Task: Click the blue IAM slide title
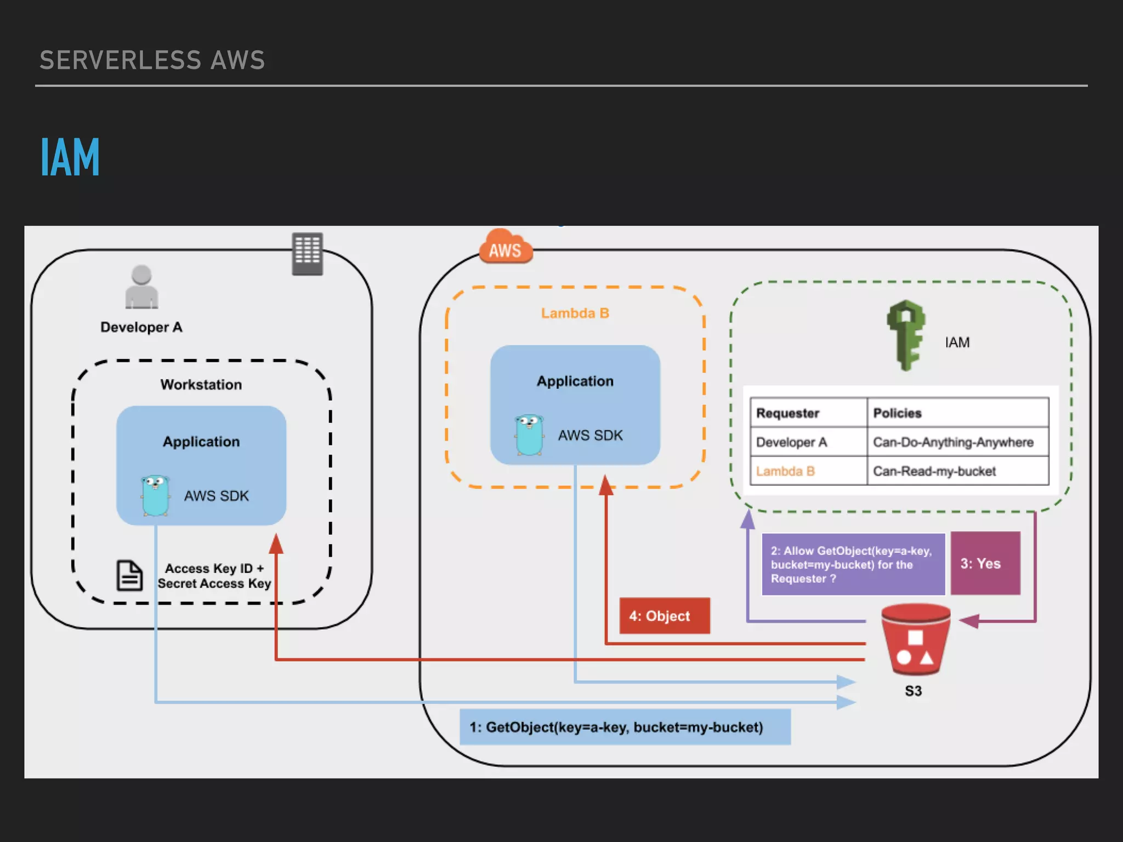pyautogui.click(x=70, y=157)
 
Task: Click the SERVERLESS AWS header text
pyautogui.click(x=152, y=60)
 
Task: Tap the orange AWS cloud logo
pyautogui.click(x=506, y=248)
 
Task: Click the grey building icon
pyautogui.click(x=307, y=254)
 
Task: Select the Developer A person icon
pyautogui.click(x=141, y=287)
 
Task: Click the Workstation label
pyautogui.click(x=201, y=385)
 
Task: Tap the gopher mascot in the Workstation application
pyautogui.click(x=155, y=496)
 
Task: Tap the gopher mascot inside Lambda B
pyautogui.click(x=529, y=435)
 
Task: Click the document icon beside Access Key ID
pyautogui.click(x=129, y=576)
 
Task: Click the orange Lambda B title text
pyautogui.click(x=575, y=313)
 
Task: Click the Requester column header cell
pyautogui.click(x=808, y=413)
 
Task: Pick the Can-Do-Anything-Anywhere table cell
pyautogui.click(x=957, y=442)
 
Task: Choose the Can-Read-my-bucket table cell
pyautogui.click(x=957, y=471)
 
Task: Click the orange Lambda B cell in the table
pyautogui.click(x=808, y=471)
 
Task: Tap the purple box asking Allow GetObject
pyautogui.click(x=853, y=564)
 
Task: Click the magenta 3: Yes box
pyautogui.click(x=985, y=564)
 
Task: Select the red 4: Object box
pyautogui.click(x=664, y=616)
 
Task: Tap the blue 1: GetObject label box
pyautogui.click(x=625, y=727)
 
